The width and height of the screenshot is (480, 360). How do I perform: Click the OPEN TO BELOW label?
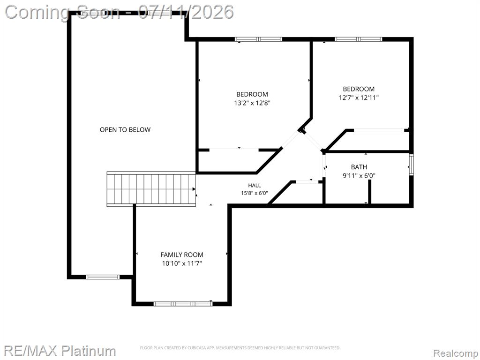125,130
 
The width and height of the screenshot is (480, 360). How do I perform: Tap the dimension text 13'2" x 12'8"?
252,103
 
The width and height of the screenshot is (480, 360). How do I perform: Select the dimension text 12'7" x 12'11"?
359,98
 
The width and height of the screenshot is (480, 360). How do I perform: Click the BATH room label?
359,167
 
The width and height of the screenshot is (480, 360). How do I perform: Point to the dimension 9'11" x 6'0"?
359,176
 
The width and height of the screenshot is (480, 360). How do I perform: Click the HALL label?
255,186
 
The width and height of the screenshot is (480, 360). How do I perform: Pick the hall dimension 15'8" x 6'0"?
255,193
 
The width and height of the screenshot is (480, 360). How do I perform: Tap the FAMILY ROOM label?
182,255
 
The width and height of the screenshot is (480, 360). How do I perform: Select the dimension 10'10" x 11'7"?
182,263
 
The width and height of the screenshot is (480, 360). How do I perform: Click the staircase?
151,189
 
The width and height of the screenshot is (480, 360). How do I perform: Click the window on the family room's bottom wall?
183,304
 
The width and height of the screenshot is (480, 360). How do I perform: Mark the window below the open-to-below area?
103,277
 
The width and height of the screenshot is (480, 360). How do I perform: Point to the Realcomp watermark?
455,353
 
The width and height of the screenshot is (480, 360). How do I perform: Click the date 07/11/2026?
186,12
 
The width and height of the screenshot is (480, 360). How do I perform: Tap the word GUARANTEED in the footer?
328,348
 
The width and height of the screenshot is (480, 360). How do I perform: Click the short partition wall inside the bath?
369,192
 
